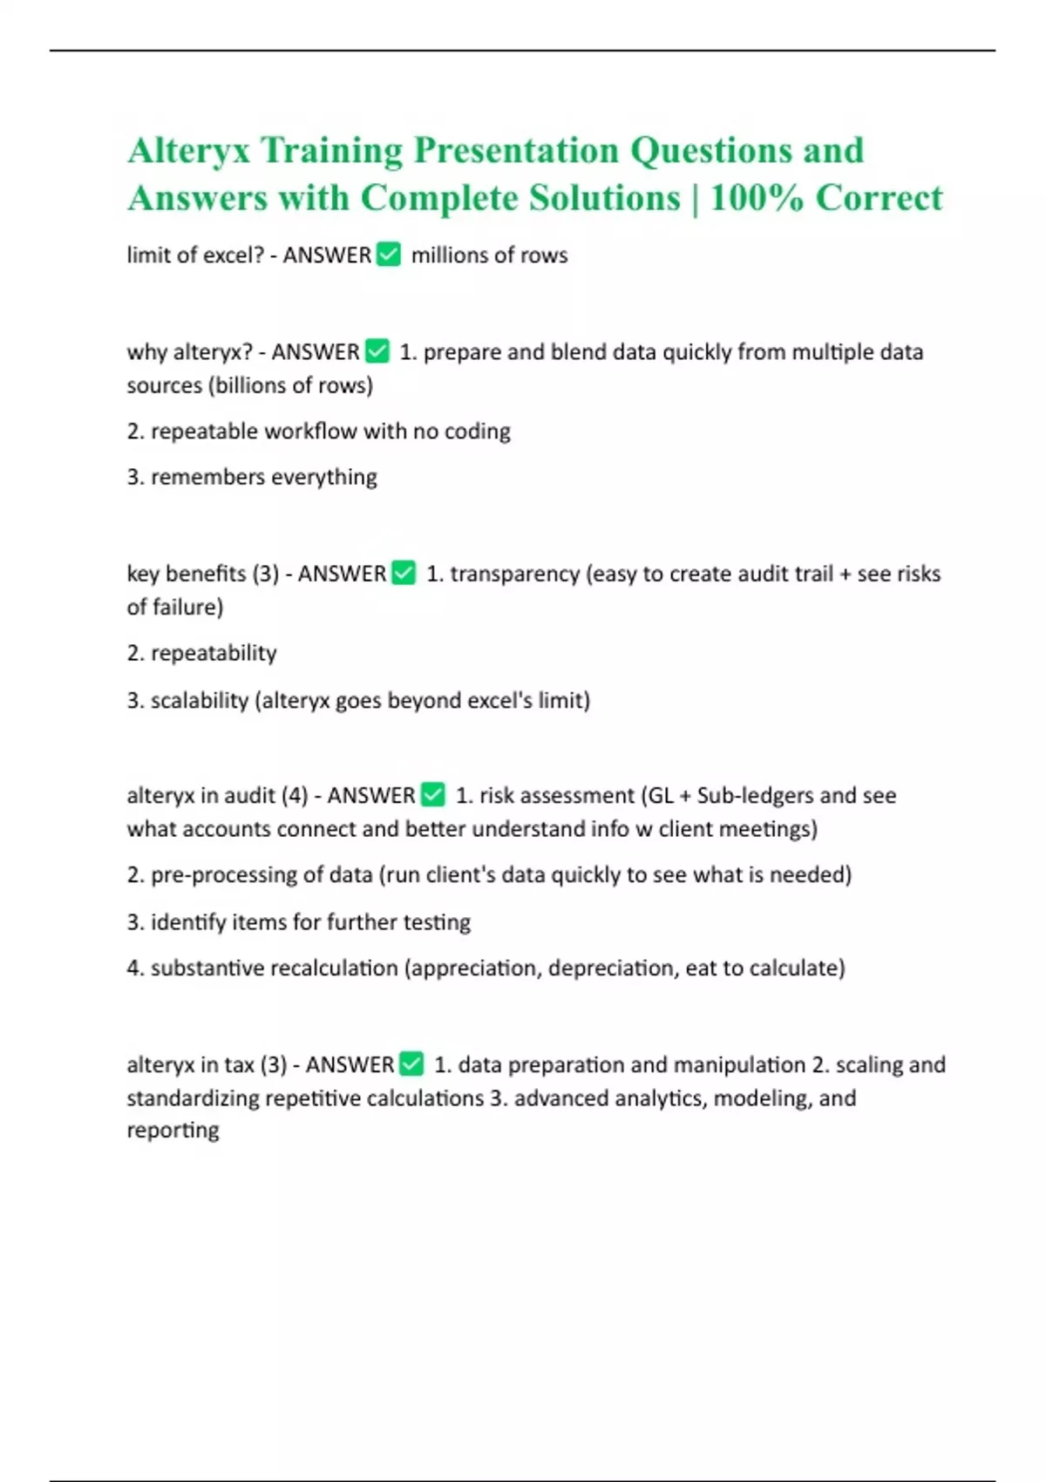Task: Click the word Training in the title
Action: [331, 151]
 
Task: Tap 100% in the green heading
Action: [756, 198]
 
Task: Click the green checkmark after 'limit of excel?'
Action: [388, 255]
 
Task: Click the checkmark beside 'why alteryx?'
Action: [377, 351]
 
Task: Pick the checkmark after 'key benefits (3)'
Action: [404, 573]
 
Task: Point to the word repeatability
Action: [214, 653]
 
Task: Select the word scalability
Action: [199, 700]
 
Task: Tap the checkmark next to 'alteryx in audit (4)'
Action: [433, 794]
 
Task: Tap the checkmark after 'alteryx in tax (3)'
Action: [411, 1064]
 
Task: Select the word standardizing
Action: [193, 1098]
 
